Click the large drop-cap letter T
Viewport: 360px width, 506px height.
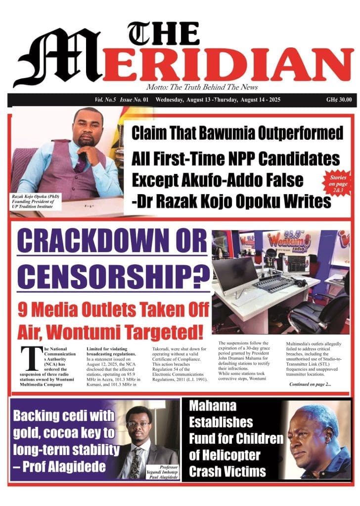(x=30, y=358)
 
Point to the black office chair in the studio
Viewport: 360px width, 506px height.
(x=324, y=311)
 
